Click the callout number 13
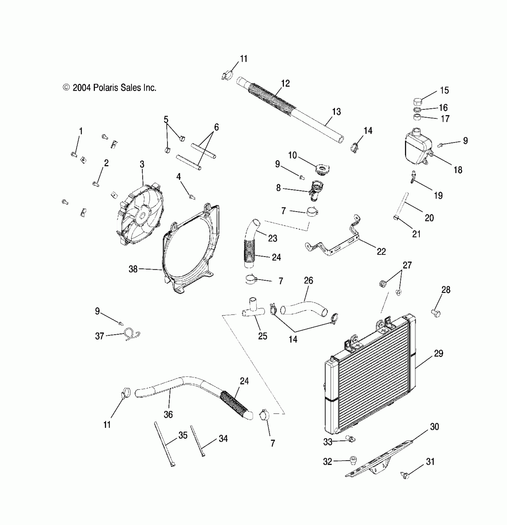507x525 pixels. pyautogui.click(x=336, y=112)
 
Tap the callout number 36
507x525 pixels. pyautogui.click(x=168, y=414)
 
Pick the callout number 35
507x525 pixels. pyautogui.click(x=183, y=435)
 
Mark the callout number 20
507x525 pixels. pyautogui.click(x=429, y=218)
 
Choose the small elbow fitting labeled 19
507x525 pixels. pyautogui.click(x=413, y=177)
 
